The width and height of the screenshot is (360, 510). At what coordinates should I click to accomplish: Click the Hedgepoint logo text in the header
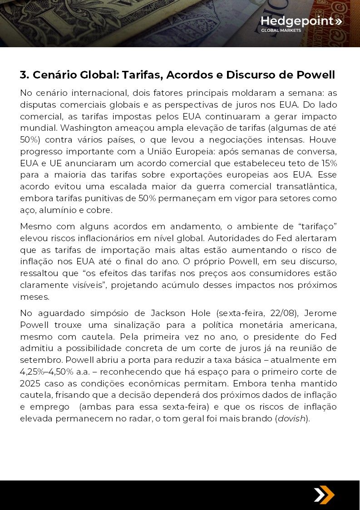click(x=297, y=21)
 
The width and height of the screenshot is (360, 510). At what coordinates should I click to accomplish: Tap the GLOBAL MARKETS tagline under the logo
click(x=281, y=31)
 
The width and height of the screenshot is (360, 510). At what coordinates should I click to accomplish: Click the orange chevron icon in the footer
click(x=324, y=495)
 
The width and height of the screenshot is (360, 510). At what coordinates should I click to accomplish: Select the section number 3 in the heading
click(x=24, y=74)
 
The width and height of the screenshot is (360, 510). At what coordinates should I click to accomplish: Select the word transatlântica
click(x=309, y=187)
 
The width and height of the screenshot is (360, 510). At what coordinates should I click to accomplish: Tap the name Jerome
click(x=320, y=313)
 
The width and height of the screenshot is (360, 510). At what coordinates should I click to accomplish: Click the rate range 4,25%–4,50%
click(x=48, y=372)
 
